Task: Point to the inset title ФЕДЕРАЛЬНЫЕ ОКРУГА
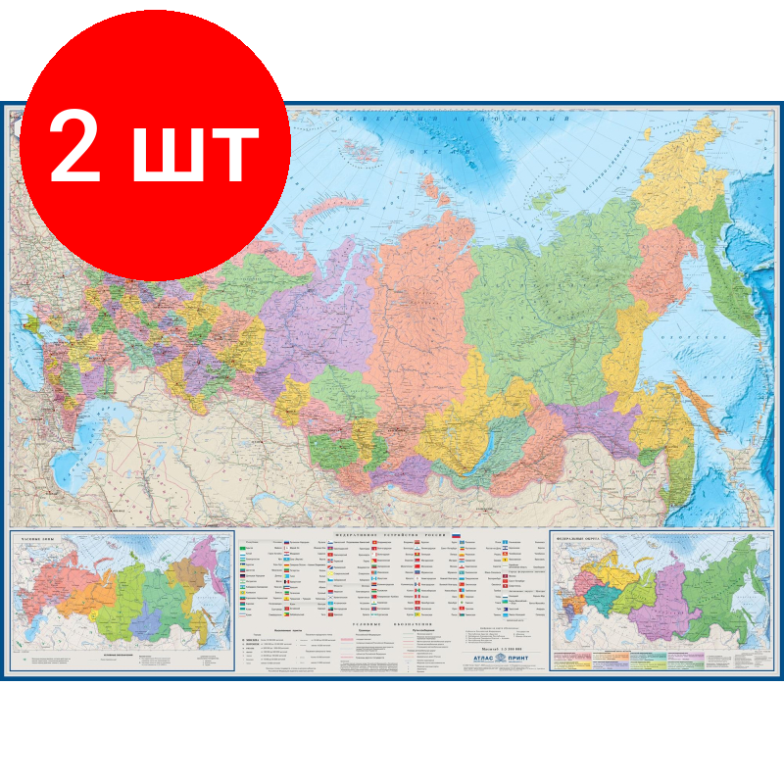(578, 537)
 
